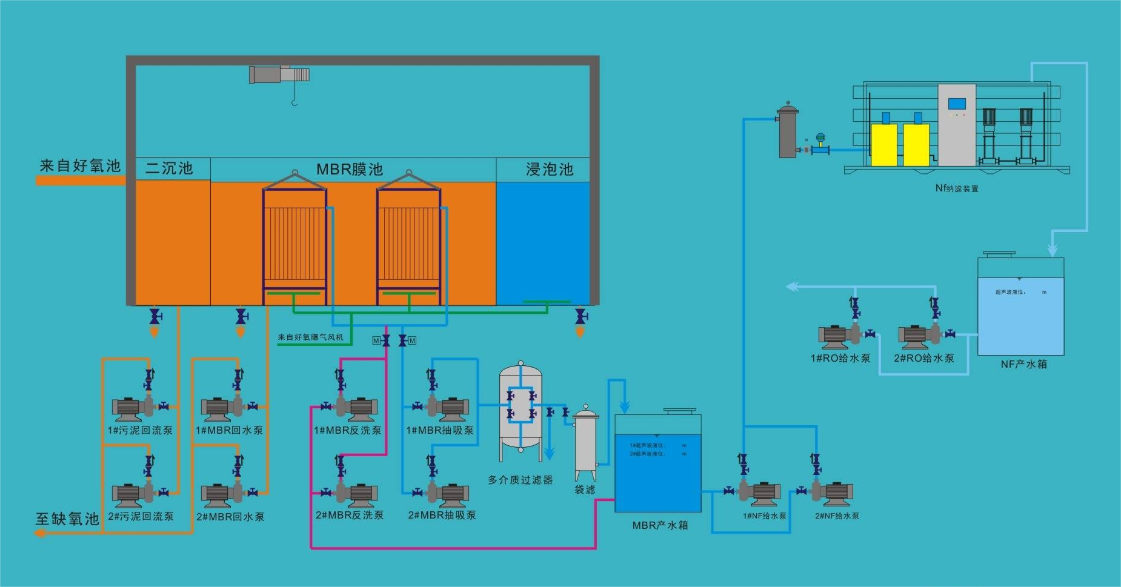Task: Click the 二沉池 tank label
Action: tap(169, 168)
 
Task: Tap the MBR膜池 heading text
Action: tap(350, 169)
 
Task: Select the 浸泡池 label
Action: tap(549, 169)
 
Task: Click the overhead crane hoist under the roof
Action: tap(279, 75)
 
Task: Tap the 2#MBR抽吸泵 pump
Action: tap(446, 494)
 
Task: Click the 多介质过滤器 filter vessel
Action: tap(521, 406)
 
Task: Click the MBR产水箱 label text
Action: tap(660, 525)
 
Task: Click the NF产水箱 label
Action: tap(1023, 364)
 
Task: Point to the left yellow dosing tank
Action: tap(883, 145)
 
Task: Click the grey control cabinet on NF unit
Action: tap(957, 124)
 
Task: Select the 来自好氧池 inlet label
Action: tap(80, 165)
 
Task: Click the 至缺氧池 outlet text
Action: tap(67, 519)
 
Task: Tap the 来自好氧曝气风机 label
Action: tap(310, 337)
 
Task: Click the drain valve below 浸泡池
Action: tap(580, 316)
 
